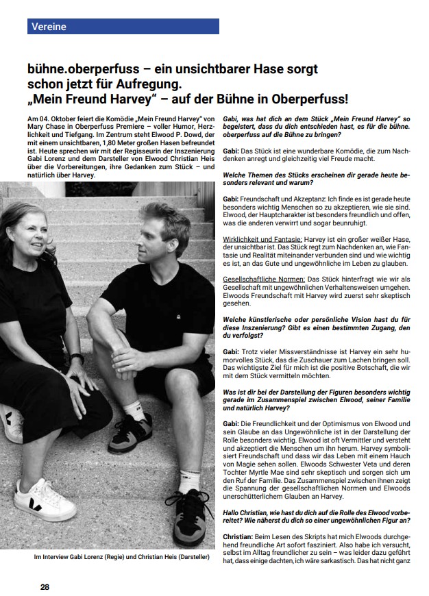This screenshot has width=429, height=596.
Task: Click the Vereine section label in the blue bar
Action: click(x=48, y=27)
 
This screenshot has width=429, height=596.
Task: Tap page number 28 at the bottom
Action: click(x=45, y=587)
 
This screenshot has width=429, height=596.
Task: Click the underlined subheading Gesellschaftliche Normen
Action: click(x=264, y=280)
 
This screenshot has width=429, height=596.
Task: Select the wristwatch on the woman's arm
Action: click(x=77, y=358)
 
